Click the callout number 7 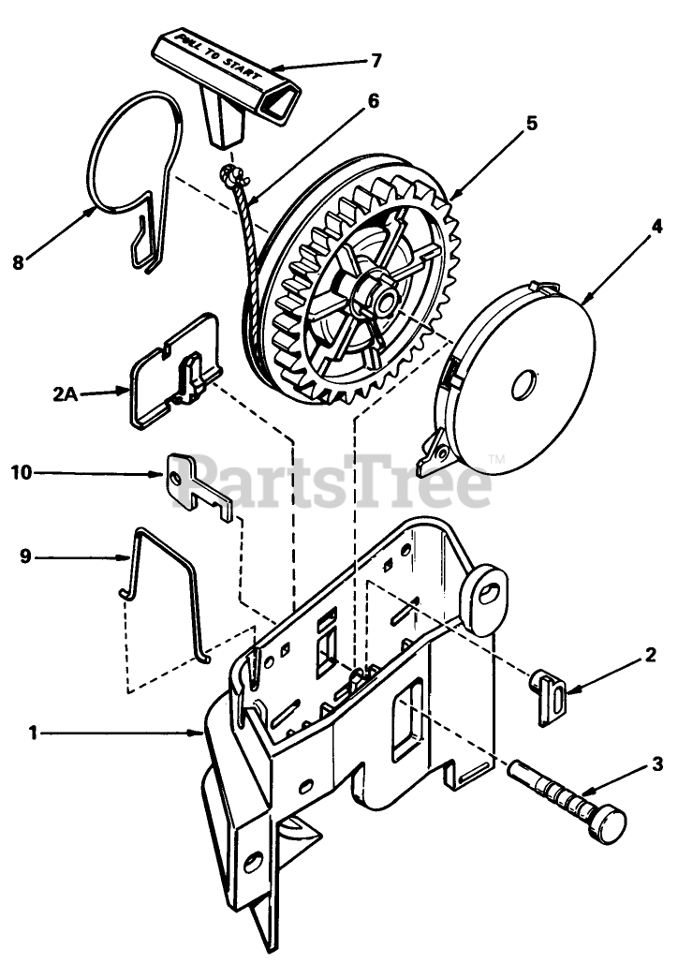(375, 61)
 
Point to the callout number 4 (630, 226)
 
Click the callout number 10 (22, 473)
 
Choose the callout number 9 (25, 556)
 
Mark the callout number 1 (33, 734)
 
